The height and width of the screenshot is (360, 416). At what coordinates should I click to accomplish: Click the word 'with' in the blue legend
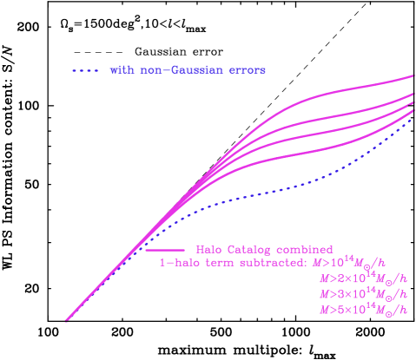tap(120, 69)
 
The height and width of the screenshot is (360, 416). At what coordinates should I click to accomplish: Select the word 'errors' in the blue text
tap(247, 69)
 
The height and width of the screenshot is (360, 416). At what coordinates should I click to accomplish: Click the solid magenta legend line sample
tap(164, 250)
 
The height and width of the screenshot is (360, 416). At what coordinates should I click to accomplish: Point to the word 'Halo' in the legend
tap(209, 250)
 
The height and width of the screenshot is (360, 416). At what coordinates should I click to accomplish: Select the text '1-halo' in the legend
tap(177, 263)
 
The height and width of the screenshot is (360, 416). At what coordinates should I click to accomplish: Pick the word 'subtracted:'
tap(269, 263)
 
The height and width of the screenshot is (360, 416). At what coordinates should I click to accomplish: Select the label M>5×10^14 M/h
tap(362, 310)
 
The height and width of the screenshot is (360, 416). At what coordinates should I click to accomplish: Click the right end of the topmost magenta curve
tap(413, 76)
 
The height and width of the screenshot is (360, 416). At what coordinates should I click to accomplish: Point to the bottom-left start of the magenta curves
tap(67, 320)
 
